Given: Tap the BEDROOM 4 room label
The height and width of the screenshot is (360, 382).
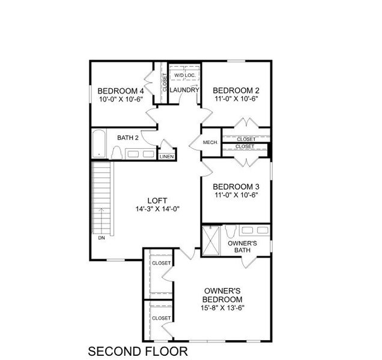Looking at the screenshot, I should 121,91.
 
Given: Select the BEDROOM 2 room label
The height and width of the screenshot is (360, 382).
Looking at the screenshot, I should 237,91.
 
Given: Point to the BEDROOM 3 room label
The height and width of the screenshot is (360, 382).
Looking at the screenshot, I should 236,186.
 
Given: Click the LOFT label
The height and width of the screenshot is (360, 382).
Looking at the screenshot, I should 157,200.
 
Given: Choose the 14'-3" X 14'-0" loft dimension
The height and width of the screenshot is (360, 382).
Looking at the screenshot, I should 157,209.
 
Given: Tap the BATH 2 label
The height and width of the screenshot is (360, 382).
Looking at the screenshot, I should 128,138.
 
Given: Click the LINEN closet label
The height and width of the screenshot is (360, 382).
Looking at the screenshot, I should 166,157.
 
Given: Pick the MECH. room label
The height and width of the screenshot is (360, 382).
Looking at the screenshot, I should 210,142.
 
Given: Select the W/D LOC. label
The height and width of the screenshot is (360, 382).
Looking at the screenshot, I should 184,75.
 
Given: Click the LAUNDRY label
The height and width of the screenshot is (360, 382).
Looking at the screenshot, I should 184,91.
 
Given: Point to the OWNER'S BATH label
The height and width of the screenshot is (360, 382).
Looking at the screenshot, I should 243,247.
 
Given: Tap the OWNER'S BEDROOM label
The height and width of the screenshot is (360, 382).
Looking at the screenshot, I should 222,295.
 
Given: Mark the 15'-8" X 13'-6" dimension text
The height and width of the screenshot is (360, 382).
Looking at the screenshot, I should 222,308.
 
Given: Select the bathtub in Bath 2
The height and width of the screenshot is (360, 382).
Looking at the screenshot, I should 100,145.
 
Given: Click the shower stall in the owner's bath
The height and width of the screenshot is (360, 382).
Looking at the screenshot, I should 211,241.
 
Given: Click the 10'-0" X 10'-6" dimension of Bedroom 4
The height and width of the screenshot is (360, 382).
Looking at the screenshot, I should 121,99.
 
